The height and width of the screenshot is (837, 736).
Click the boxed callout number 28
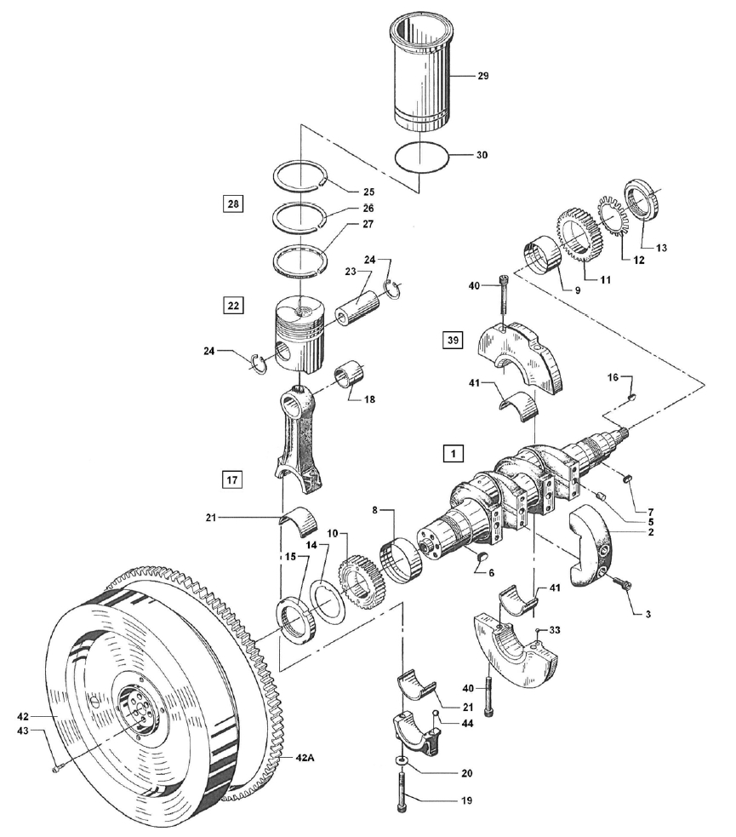click(x=233, y=204)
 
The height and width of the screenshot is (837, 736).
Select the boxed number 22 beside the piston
click(x=234, y=306)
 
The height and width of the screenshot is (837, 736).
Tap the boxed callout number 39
click(x=453, y=340)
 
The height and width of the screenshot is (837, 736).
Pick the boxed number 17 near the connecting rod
click(x=232, y=480)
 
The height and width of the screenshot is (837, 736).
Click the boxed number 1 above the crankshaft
click(x=454, y=454)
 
